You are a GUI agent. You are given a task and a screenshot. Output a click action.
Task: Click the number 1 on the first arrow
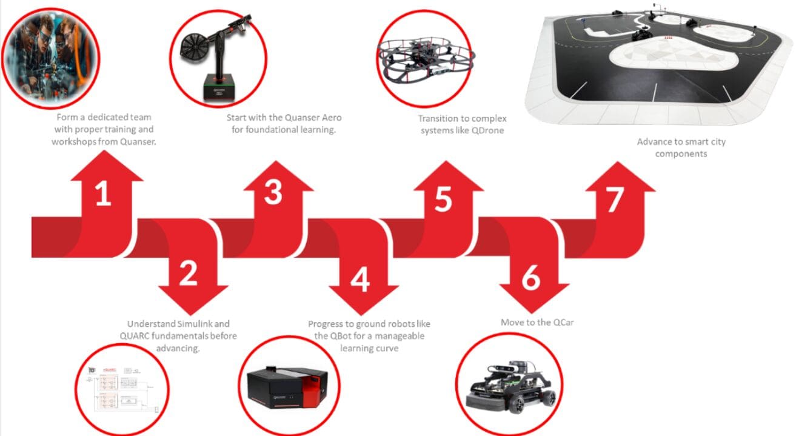pos(103,193)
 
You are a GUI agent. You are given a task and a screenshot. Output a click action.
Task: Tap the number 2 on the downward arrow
pos(188,273)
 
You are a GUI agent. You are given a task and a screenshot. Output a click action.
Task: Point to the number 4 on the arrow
pos(360,280)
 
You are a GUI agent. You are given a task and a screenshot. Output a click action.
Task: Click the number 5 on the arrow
pos(443,199)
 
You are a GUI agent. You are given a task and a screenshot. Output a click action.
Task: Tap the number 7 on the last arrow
pos(615,200)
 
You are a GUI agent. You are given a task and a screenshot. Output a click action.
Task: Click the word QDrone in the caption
pos(487,130)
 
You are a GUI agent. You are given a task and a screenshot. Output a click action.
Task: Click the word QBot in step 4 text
pos(339,336)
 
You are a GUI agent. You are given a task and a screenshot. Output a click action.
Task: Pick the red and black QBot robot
pos(287,387)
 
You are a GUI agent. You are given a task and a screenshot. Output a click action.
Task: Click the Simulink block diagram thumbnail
pos(123,390)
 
